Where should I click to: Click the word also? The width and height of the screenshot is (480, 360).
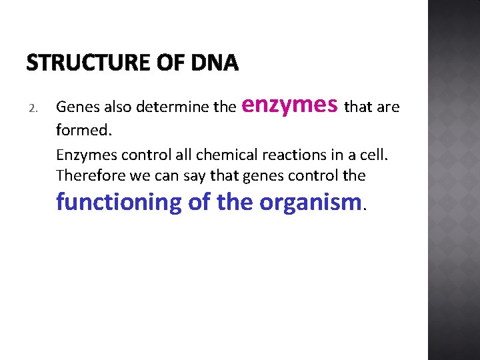(114, 107)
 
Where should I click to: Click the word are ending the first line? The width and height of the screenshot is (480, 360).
(387, 107)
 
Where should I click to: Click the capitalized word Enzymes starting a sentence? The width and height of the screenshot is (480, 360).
(83, 155)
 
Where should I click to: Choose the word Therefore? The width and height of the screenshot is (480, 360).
(86, 175)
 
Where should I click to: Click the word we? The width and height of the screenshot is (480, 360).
(129, 175)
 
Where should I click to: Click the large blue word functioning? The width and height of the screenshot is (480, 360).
(119, 201)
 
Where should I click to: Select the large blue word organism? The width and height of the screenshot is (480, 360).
(310, 201)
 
